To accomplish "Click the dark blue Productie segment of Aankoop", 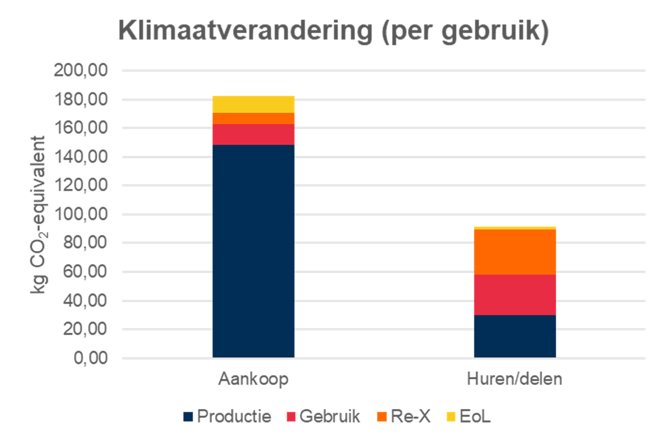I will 253,250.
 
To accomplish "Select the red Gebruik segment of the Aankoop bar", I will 253,135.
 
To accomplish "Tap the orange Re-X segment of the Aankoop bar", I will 253,118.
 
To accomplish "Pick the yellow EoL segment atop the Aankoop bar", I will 253,104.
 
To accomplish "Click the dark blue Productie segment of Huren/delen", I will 515,336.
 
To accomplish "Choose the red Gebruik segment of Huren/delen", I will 515,295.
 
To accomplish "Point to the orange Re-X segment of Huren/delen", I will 515,252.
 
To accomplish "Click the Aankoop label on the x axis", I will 253,379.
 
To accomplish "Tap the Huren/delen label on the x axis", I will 514,379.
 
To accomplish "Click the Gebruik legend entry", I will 323,417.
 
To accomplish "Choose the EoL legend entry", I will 469,417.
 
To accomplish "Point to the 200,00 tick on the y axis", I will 81,70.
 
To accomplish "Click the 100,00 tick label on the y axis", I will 81,214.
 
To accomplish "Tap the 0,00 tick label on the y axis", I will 90,358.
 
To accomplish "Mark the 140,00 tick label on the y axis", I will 81,157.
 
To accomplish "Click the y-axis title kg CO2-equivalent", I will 38,215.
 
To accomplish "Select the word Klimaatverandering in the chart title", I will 244,31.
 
